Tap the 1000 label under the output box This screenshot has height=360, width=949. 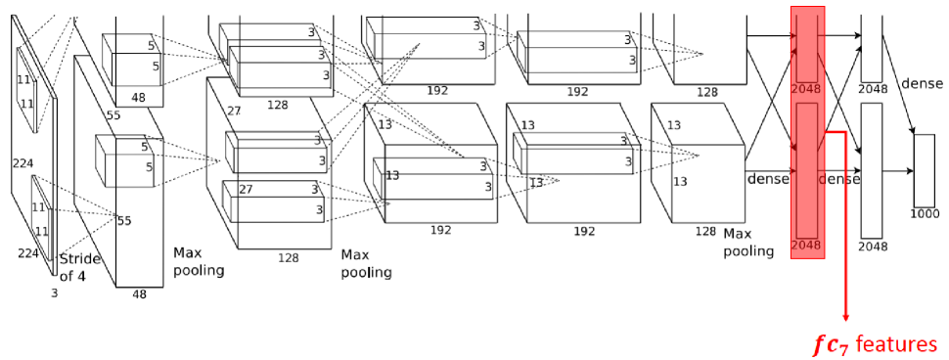(925, 213)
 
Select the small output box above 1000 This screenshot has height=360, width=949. (925, 170)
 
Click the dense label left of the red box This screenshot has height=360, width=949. (768, 179)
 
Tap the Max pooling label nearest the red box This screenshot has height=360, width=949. (748, 242)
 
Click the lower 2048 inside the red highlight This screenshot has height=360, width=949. (807, 245)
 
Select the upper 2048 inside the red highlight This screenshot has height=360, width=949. (807, 88)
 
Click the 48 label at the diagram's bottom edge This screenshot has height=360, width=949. (139, 294)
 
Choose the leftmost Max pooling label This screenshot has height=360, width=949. (199, 261)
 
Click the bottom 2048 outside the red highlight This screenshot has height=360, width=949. (874, 247)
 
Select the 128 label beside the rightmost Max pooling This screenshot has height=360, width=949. (705, 231)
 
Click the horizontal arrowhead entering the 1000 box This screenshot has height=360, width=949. (910, 171)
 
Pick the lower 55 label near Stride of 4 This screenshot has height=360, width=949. (124, 220)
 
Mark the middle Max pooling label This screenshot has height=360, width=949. (366, 264)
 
